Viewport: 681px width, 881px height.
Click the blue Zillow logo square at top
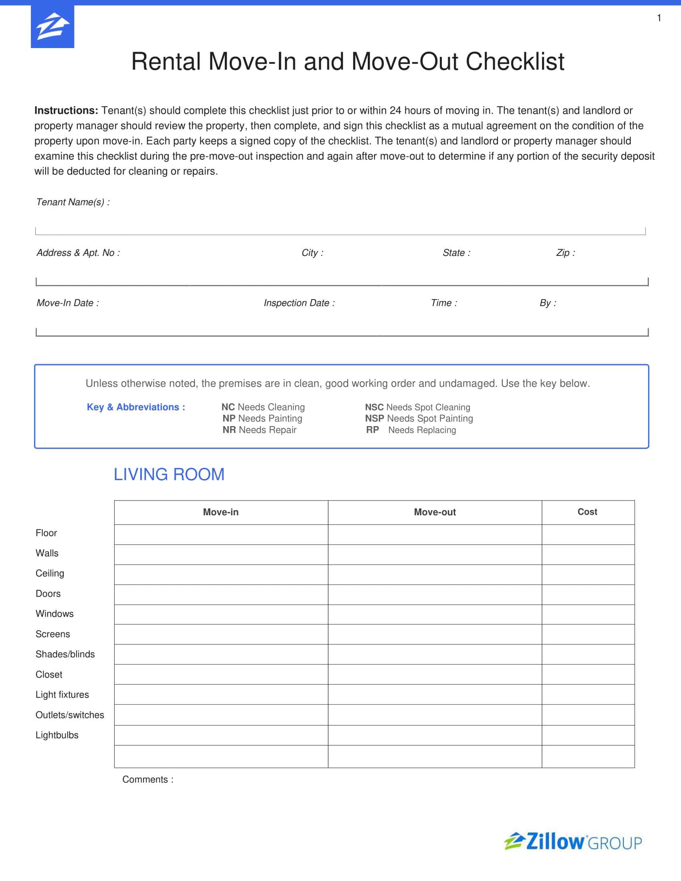coord(52,26)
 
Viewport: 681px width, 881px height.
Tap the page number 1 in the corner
coord(659,18)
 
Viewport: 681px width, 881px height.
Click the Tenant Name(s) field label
coord(73,202)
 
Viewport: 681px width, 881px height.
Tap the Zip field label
coord(565,253)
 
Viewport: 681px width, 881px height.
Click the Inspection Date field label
coord(299,303)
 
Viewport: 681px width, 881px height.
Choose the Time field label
coord(444,303)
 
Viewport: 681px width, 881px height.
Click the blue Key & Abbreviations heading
coord(136,407)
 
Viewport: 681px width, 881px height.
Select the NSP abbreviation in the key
coord(375,418)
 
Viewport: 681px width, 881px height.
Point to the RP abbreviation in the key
coord(373,430)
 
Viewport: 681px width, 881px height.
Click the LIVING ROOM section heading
coord(169,475)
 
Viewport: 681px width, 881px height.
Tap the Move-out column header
coord(435,512)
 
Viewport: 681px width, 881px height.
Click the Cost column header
coord(587,511)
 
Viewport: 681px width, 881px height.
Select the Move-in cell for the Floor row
coord(221,534)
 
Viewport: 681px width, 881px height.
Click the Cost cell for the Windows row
coord(588,614)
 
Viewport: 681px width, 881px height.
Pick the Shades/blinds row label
coord(65,654)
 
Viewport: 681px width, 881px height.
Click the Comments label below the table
coord(148,779)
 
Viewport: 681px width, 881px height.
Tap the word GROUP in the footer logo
coord(615,843)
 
